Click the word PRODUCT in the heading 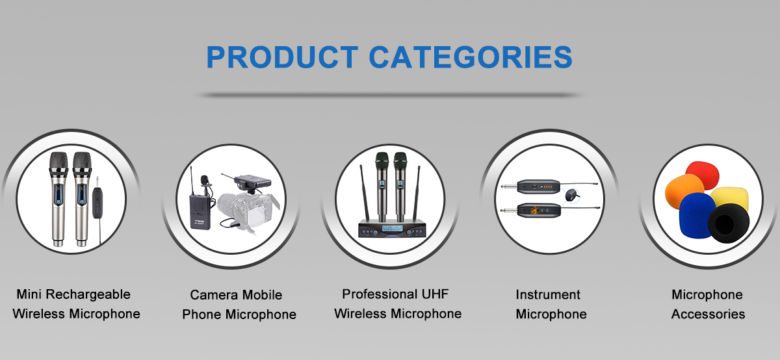point(282,57)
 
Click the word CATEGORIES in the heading point(471,57)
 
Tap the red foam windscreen point(703,174)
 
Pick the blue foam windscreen point(695,214)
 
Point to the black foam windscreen point(728,223)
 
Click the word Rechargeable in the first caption point(88,294)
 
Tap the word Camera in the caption point(214,295)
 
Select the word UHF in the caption point(435,294)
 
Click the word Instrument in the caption point(548,294)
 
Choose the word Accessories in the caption point(708,314)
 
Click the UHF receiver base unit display point(392,228)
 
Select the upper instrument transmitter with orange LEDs point(538,186)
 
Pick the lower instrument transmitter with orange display point(539,211)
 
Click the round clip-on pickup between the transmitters point(571,194)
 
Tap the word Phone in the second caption point(202,315)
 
